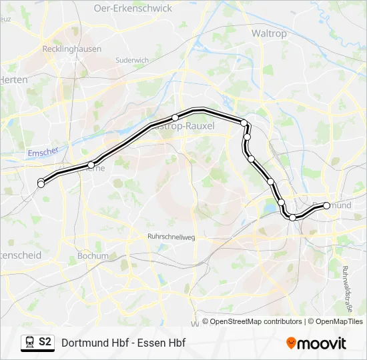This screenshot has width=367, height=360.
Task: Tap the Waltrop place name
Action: [x=269, y=33]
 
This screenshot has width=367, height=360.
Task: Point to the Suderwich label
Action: [x=131, y=60]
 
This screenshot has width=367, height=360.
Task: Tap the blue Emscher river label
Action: [x=44, y=152]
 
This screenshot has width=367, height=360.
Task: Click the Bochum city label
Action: [x=93, y=256]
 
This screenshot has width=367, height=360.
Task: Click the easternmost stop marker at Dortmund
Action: [x=327, y=205]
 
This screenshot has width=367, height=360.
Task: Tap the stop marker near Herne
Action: [x=91, y=165]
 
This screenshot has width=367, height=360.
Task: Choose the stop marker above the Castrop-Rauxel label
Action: [x=175, y=117]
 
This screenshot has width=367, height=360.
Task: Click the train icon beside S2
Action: [x=29, y=343]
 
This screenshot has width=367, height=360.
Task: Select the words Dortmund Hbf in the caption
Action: [x=93, y=343]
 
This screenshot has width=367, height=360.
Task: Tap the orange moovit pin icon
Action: [x=291, y=343]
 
